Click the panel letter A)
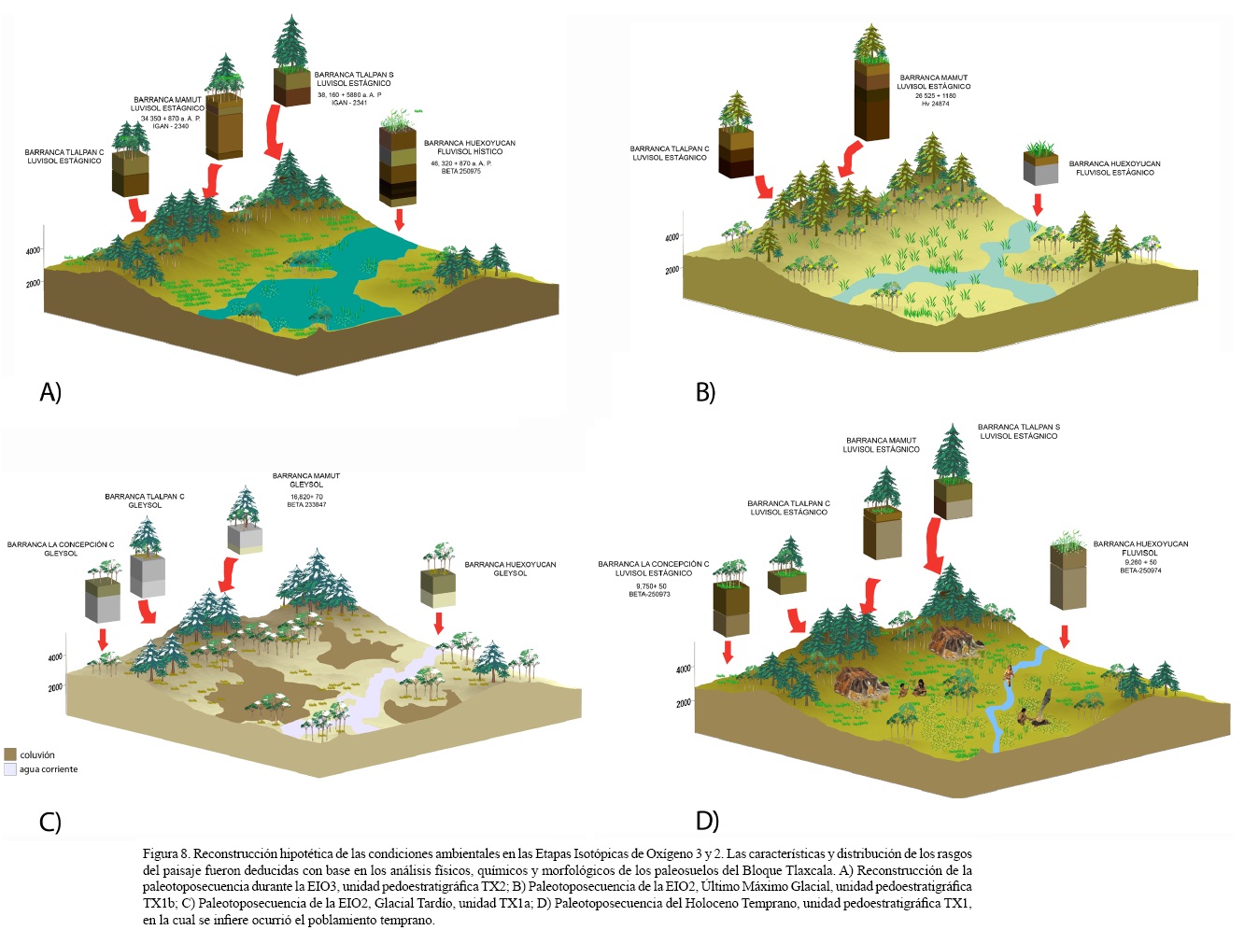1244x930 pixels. click(x=50, y=392)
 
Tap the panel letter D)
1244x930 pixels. click(x=707, y=821)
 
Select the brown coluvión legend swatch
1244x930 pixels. click(x=10, y=754)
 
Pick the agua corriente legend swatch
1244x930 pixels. click(x=10, y=769)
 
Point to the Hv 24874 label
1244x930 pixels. click(x=935, y=104)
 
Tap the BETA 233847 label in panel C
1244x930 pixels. click(x=306, y=504)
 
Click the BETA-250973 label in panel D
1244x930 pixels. click(x=649, y=594)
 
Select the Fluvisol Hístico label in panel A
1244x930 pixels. click(x=470, y=151)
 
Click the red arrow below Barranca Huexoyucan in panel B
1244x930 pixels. click(x=1037, y=204)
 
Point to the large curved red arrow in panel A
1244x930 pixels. click(x=273, y=132)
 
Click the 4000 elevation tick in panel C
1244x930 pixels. click(x=55, y=657)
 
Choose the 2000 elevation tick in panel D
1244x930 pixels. click(x=684, y=703)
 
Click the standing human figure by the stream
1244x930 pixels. click(x=1008, y=674)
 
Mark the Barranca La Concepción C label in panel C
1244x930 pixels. click(x=61, y=544)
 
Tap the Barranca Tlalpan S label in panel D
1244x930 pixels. click(x=1019, y=428)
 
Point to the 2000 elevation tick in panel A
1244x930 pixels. click(x=33, y=284)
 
